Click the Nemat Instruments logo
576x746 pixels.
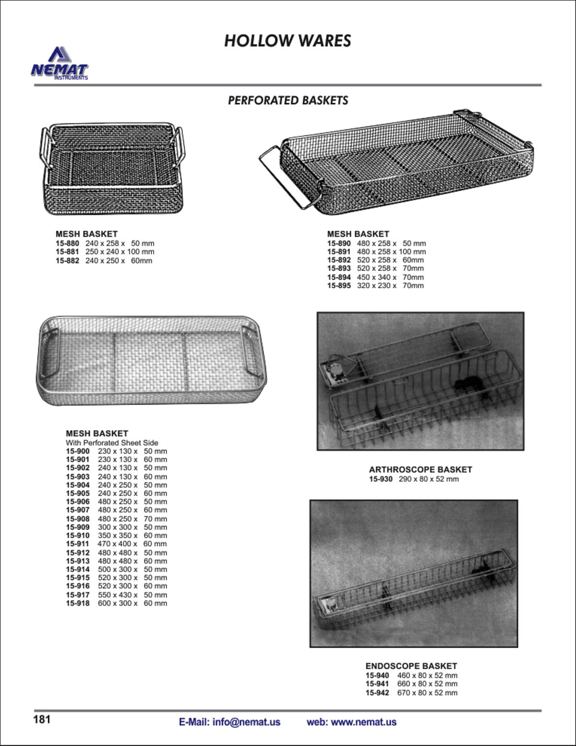click(x=60, y=64)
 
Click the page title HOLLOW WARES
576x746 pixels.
click(x=288, y=41)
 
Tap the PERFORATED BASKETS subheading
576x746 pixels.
click(x=288, y=100)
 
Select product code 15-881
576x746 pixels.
click(x=67, y=252)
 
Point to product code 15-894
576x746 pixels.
click(x=339, y=277)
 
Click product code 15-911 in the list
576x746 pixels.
click(x=77, y=544)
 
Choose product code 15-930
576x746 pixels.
click(x=381, y=479)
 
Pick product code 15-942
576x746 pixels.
click(x=377, y=693)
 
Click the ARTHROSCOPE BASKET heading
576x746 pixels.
click(x=420, y=469)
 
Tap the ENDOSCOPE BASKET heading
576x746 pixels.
click(x=411, y=666)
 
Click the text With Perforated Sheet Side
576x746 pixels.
click(x=112, y=442)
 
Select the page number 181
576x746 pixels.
click(x=42, y=720)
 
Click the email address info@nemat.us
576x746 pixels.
click(x=246, y=722)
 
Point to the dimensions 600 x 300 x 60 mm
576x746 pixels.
click(x=132, y=603)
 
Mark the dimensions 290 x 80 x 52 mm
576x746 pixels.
click(x=429, y=479)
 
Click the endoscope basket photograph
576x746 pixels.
click(x=414, y=574)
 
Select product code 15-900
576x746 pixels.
click(x=77, y=451)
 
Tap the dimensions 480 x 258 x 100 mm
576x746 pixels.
click(x=391, y=252)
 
